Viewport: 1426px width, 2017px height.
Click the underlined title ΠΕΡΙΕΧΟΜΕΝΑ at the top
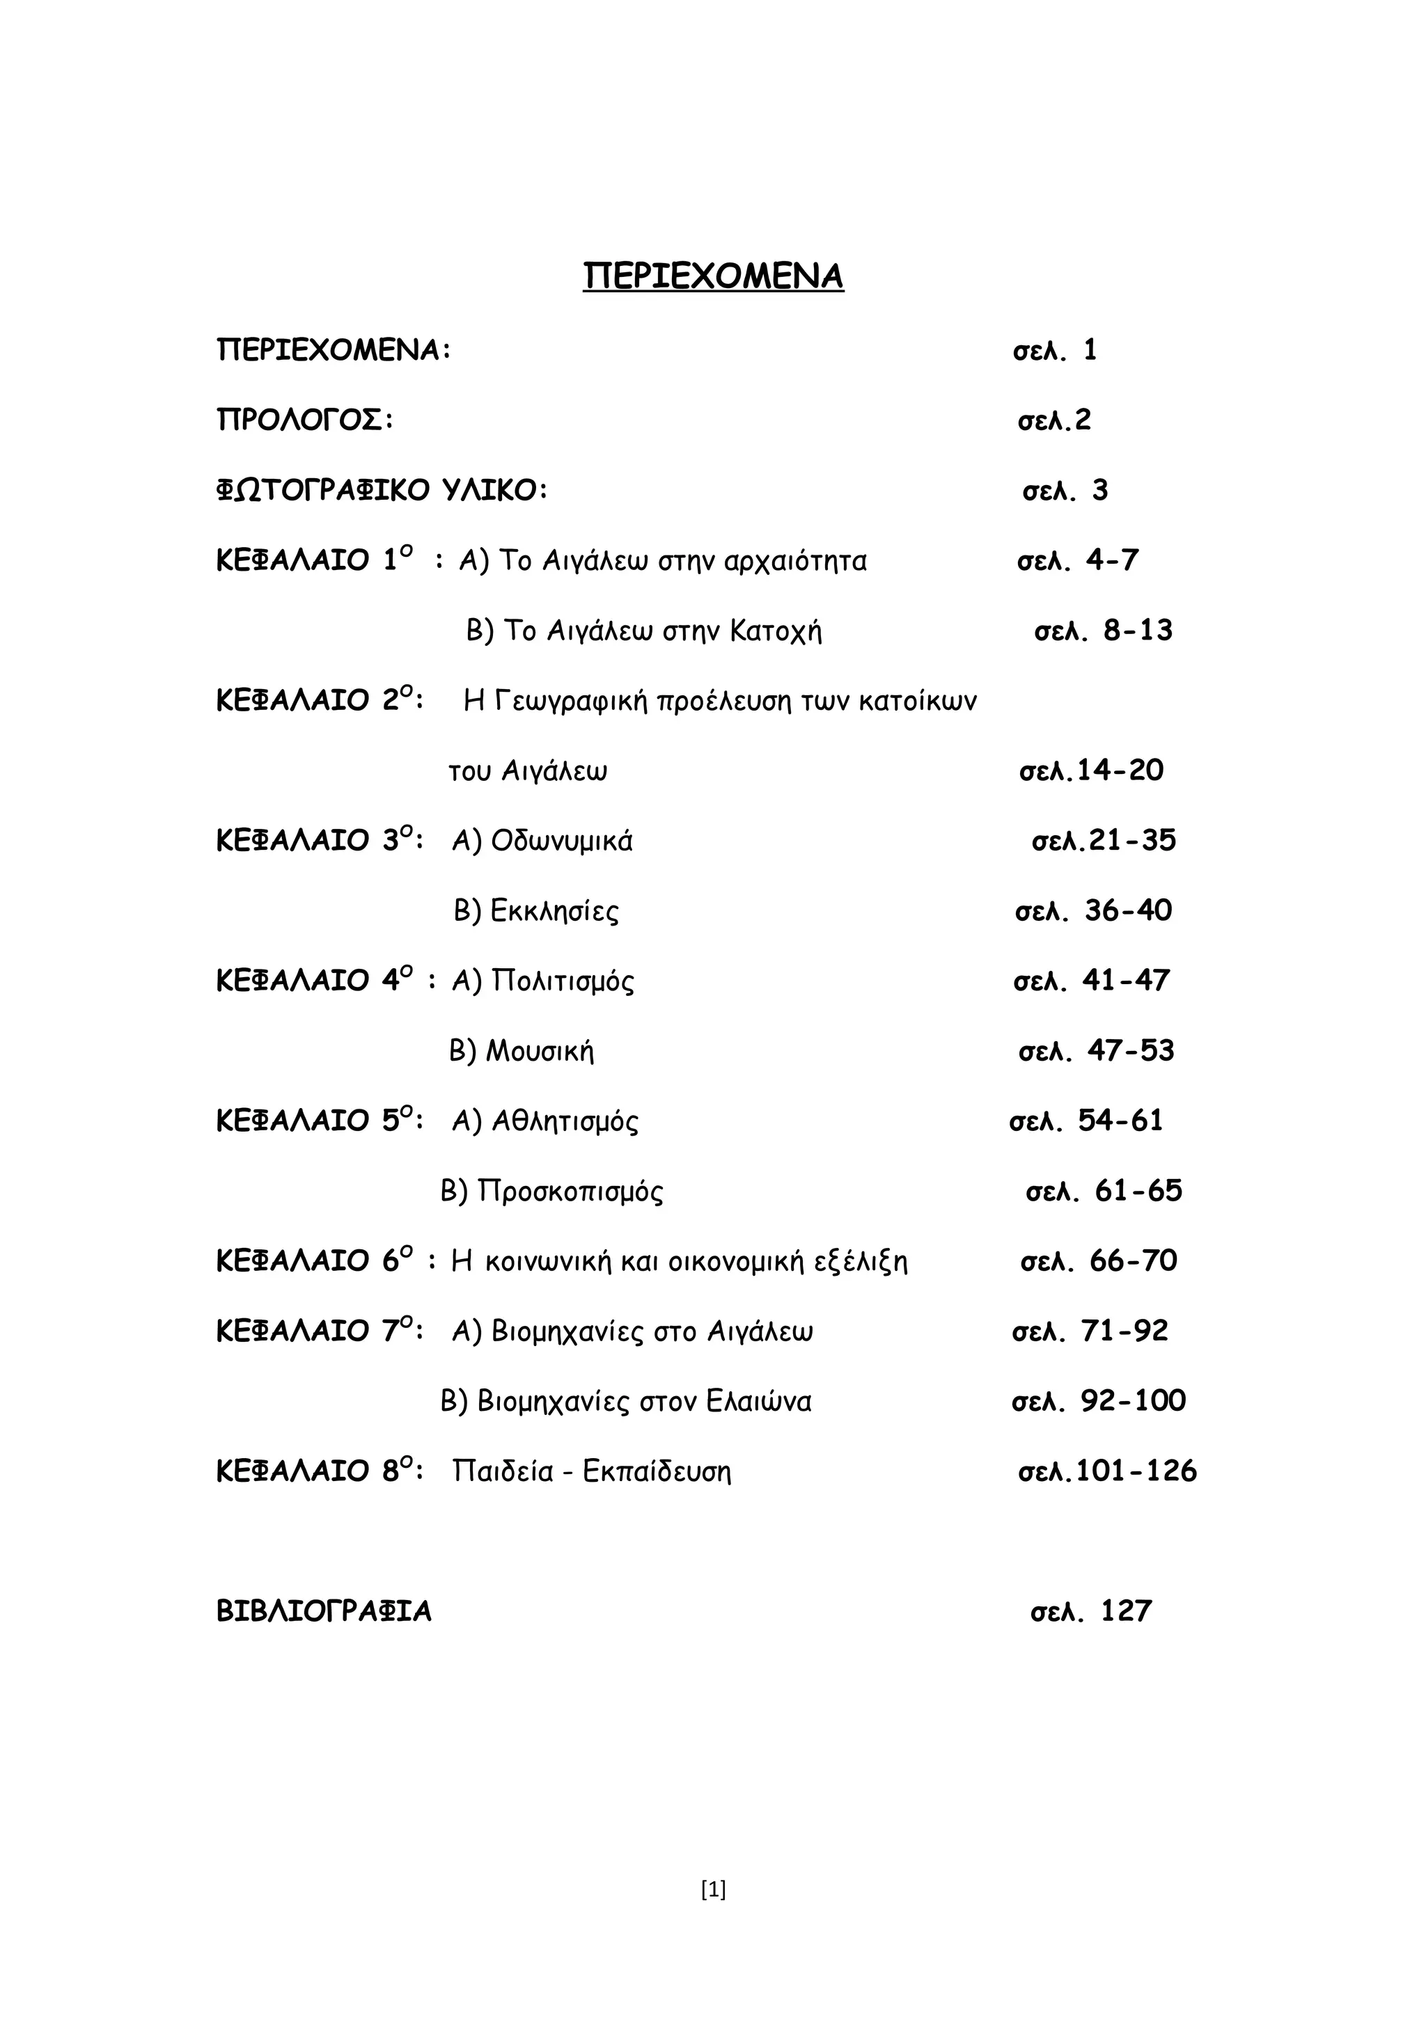[712, 276]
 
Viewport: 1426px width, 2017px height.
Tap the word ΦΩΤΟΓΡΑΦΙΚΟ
[322, 490]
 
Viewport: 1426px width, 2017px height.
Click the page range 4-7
[1113, 560]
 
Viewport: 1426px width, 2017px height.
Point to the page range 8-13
[1138, 631]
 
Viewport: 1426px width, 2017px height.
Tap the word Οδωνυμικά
[561, 841]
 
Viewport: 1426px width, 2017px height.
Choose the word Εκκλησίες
[554, 911]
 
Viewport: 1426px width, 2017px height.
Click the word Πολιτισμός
[563, 981]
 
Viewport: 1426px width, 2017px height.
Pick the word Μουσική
[540, 1052]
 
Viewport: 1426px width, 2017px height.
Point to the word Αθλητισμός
[565, 1122]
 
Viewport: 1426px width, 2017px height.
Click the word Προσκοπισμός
[570, 1192]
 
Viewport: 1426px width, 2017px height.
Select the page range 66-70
[1134, 1262]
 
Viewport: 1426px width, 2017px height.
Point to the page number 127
[1125, 1611]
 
